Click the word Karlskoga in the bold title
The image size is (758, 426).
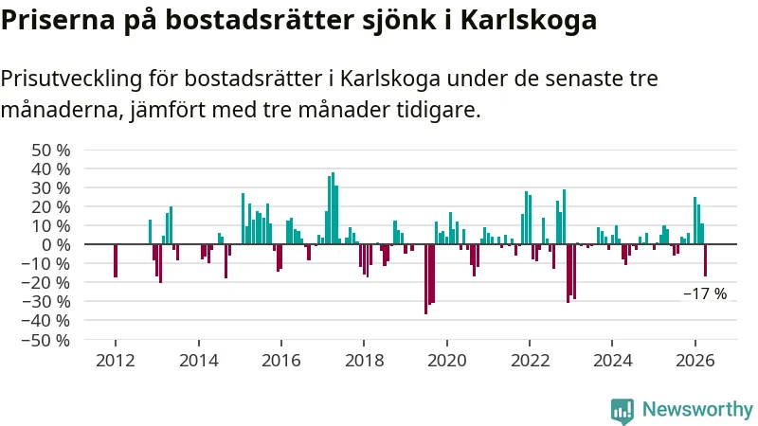pos(529,20)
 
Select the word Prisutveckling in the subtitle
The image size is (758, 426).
pos(72,79)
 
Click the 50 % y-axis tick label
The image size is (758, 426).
pos(51,151)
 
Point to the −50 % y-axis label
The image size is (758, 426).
pos(45,341)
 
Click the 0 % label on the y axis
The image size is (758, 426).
pos(56,245)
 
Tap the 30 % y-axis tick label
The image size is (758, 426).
pos(51,188)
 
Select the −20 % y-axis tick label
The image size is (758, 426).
pos(45,283)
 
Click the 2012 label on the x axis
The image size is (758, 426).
pos(116,361)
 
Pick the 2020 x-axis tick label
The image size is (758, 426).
pos(447,361)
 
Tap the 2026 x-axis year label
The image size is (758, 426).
pos(695,361)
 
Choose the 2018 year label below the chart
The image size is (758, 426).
pos(364,361)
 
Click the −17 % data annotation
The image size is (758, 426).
pos(705,293)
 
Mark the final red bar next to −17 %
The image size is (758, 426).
pos(705,260)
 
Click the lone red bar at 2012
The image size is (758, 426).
pos(116,261)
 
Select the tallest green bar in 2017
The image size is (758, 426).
pos(333,208)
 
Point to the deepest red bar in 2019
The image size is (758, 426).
pos(425,279)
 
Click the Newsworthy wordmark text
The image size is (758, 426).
pos(697,410)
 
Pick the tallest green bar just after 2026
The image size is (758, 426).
pos(695,221)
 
